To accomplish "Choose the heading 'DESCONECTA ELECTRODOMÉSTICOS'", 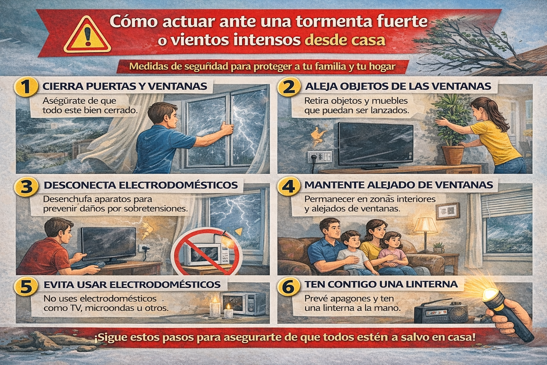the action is click(x=141, y=185).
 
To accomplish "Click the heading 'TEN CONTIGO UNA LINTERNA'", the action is click(x=381, y=284).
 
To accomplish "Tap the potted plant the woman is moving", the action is click(x=451, y=130).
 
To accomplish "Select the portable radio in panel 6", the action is click(x=441, y=313).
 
